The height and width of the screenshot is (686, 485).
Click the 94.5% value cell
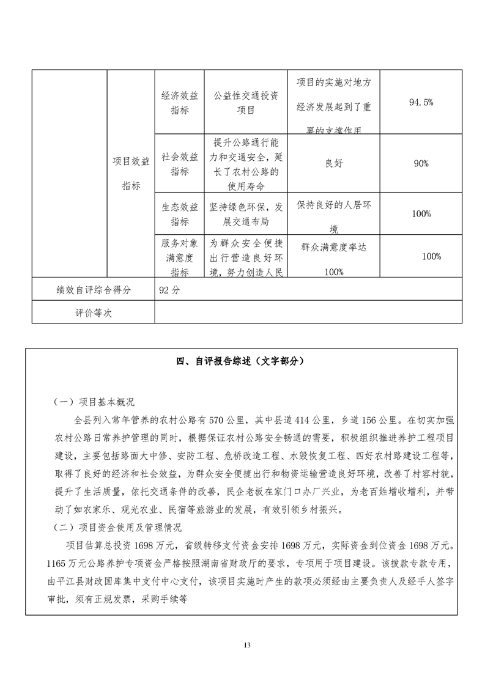[x=421, y=102]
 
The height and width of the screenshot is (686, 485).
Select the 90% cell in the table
[x=421, y=164]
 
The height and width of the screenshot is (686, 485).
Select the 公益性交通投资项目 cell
[x=246, y=103]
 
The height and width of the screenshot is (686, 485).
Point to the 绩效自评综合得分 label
[x=90, y=290]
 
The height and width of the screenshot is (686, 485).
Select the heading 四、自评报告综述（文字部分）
[x=242, y=361]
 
